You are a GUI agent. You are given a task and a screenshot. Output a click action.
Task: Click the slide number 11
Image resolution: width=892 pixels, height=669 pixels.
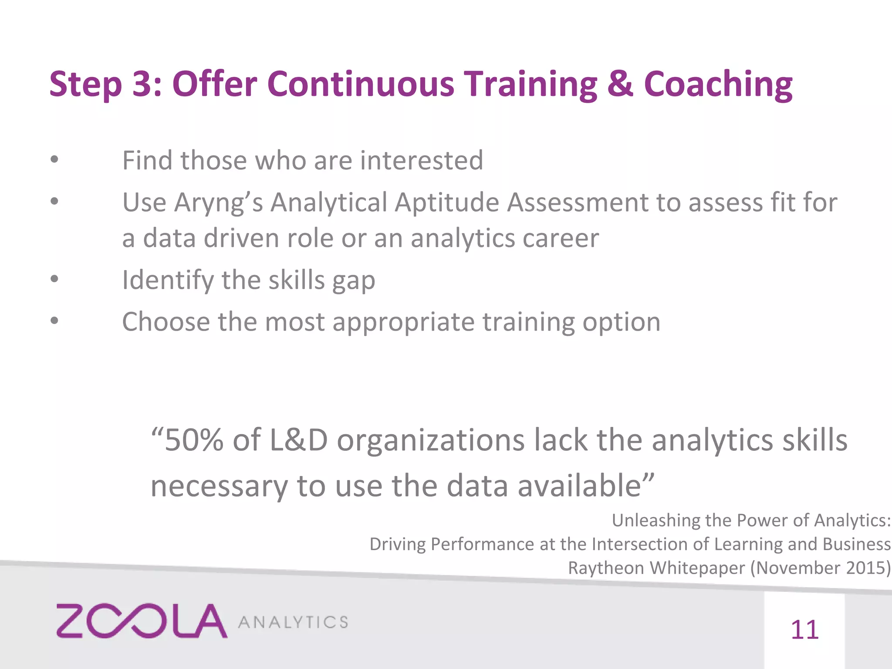[804, 630]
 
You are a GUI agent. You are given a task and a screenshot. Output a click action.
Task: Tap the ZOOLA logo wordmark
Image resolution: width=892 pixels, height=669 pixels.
[142, 621]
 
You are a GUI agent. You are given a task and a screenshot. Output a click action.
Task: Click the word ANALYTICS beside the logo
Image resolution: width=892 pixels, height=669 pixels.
[293, 622]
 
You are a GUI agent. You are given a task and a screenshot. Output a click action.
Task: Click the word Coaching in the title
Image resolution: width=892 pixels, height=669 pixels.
[718, 84]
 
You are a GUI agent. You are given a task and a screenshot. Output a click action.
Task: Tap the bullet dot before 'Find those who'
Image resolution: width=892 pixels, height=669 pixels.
[54, 160]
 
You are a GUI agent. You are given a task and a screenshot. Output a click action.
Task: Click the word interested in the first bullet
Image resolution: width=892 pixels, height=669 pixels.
[422, 160]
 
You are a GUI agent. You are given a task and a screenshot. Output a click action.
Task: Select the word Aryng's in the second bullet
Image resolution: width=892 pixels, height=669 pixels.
[219, 203]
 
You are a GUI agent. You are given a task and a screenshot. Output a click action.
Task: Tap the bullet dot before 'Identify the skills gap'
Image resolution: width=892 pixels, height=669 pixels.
[54, 279]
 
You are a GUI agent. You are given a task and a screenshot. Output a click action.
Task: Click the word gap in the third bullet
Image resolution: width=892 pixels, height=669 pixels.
[354, 281]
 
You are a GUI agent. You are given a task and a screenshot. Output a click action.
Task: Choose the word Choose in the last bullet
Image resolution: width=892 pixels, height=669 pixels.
[166, 322]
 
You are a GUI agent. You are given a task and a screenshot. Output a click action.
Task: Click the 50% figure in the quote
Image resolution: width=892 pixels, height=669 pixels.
[194, 440]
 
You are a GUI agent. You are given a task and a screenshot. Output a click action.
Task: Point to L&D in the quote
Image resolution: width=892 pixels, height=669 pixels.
[299, 440]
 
